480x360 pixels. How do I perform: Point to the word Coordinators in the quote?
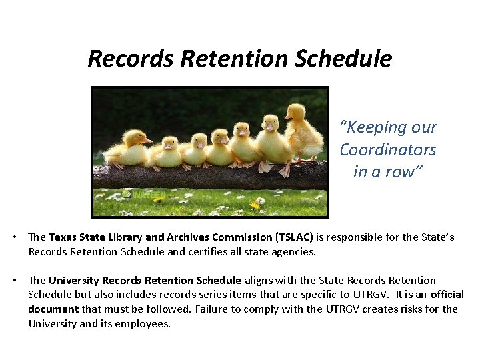[x=387, y=149]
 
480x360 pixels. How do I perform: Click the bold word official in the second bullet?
[x=447, y=295]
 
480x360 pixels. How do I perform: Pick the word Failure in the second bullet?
[x=213, y=309]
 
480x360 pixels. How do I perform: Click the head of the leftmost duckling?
[x=136, y=137]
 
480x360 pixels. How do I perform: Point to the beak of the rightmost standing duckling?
[x=289, y=117]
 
